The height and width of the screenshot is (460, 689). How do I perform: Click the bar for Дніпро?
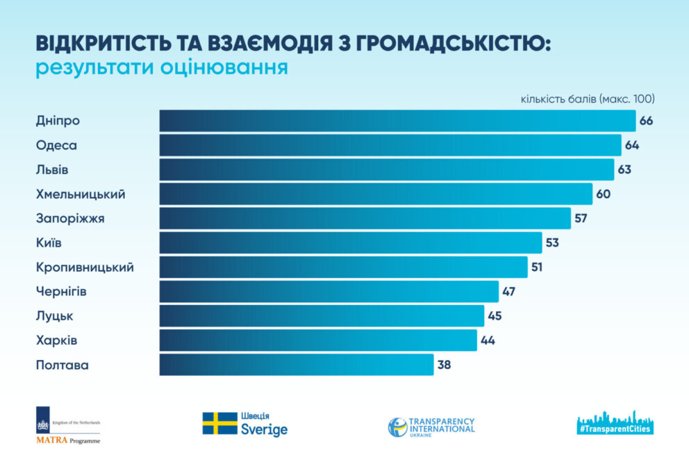397,121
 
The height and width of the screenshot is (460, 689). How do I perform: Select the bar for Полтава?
296,365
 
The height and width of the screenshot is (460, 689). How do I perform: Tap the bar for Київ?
350,243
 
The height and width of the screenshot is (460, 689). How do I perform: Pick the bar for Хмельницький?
376,194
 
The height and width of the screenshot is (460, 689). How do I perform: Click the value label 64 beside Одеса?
631,145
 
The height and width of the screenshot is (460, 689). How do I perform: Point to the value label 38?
444,365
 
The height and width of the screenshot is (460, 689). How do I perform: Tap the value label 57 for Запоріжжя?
581,218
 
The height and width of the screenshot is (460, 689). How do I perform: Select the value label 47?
509,291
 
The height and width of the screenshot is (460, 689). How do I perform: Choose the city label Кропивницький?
84,267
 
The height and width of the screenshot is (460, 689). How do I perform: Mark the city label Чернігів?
61,291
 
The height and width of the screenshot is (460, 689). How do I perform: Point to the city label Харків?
56,340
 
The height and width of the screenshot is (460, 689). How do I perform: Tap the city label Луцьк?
54,316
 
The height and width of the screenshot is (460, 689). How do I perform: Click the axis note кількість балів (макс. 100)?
588,99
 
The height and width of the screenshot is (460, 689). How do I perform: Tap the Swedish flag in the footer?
219,423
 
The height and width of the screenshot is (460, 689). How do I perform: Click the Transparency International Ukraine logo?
431,427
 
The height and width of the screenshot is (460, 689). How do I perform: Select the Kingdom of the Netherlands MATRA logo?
68,425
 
